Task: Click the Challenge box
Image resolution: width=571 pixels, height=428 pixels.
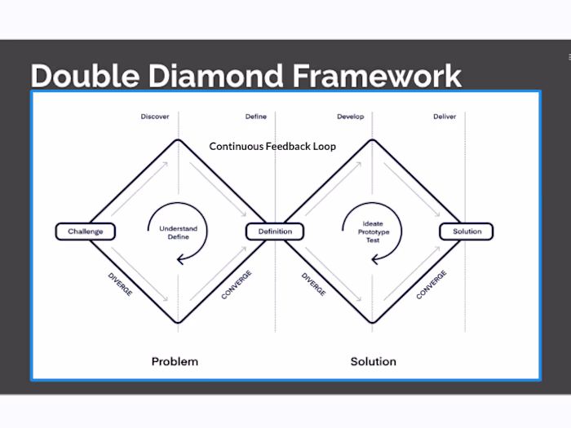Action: point(86,232)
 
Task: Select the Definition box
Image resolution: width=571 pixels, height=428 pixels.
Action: point(275,232)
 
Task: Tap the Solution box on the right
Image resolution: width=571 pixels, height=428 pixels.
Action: point(467,232)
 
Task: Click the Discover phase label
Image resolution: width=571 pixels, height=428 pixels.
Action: point(154,117)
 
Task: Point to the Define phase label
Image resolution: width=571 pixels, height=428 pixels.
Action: point(255,117)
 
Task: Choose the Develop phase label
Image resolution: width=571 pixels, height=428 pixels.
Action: point(350,117)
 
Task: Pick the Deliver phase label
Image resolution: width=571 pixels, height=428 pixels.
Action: point(445,117)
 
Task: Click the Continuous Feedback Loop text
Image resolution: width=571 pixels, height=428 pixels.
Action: point(272,147)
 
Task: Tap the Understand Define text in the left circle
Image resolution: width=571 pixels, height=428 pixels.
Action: point(178,232)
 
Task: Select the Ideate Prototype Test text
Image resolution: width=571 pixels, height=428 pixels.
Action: point(373,232)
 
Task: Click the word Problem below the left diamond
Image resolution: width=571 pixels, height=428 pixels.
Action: point(175,361)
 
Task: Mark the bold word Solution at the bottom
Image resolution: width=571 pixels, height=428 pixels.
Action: point(373,361)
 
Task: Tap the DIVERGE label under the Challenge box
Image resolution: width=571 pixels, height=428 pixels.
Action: point(120,284)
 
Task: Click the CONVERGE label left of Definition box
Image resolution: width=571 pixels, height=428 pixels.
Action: point(237,285)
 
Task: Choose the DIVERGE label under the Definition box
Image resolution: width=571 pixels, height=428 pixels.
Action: point(314,284)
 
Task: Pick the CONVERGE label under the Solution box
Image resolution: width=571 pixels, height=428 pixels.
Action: point(432,285)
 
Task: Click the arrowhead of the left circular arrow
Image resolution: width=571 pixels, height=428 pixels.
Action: point(181,260)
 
